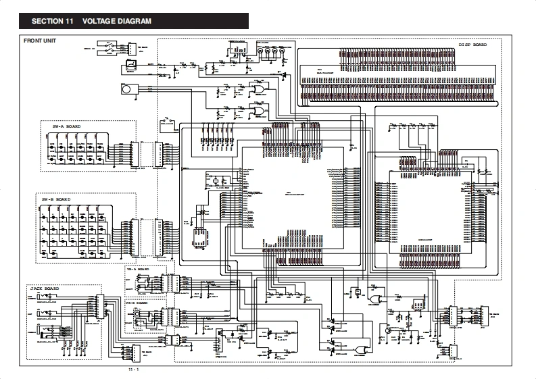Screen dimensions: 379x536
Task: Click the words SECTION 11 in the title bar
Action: pyautogui.click(x=52, y=21)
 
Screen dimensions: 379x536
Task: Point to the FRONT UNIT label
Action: pyautogui.click(x=40, y=41)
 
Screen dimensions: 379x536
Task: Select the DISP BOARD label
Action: pyautogui.click(x=472, y=45)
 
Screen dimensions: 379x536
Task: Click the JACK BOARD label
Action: pyautogui.click(x=44, y=288)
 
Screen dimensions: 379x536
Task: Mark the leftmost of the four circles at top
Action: pyautogui.click(x=260, y=52)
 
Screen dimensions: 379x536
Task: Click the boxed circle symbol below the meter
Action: pyautogui.click(x=126, y=89)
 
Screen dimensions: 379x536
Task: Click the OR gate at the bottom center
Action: pyautogui.click(x=359, y=349)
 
